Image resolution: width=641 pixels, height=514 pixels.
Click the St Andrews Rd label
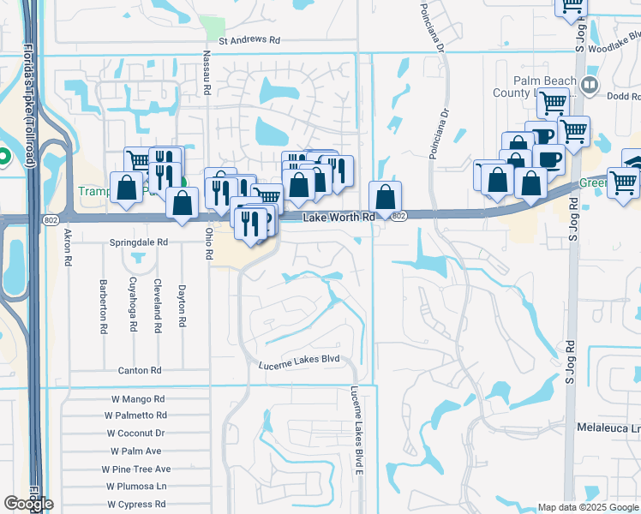(249, 40)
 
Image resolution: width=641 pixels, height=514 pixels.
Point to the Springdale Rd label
(139, 243)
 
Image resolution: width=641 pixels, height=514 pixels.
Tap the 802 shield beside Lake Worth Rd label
(398, 218)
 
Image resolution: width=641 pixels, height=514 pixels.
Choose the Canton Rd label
(139, 371)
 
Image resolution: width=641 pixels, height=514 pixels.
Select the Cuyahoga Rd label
(133, 304)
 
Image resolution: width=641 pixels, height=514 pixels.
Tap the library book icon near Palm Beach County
(589, 85)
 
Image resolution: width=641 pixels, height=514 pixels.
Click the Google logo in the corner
(27, 503)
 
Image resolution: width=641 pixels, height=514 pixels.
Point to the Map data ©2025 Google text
(588, 507)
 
